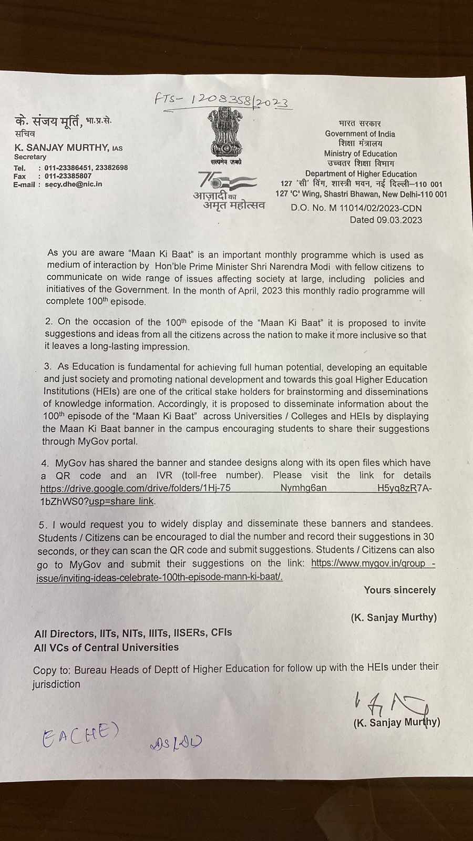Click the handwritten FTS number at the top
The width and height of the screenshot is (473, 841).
tap(223, 99)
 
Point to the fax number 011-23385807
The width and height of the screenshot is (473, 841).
tap(68, 176)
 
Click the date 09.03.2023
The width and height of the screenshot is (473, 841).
tap(399, 220)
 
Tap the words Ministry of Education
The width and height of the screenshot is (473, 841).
tap(361, 153)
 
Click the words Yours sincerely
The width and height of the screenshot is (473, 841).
tap(399, 590)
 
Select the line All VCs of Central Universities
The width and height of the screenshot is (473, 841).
tap(106, 647)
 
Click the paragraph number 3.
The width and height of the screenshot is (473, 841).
tap(47, 367)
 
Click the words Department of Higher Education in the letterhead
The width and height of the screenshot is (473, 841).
tap(361, 174)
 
